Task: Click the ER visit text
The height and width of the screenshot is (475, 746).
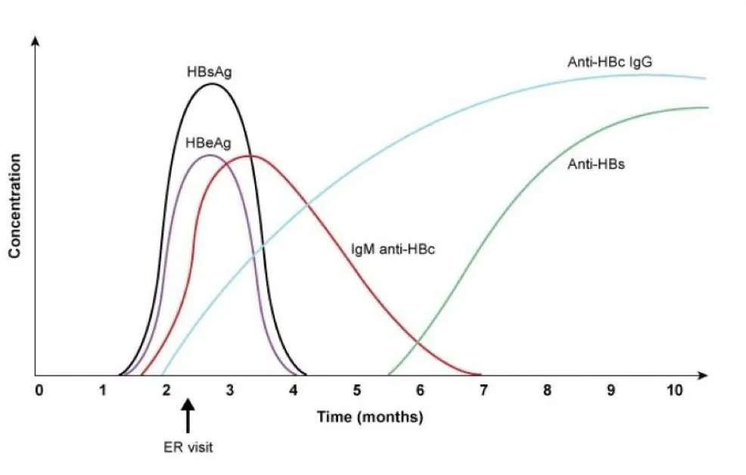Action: (x=189, y=447)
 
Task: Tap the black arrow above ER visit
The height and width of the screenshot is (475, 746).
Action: (x=188, y=417)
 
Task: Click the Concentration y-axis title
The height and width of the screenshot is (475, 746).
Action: (x=14, y=206)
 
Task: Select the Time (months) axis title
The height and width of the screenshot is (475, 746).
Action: (x=369, y=416)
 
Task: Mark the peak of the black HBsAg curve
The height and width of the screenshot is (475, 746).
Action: (x=212, y=83)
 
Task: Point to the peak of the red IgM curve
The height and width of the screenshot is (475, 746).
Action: (x=251, y=156)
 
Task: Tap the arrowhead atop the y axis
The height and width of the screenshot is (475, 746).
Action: (x=35, y=40)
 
